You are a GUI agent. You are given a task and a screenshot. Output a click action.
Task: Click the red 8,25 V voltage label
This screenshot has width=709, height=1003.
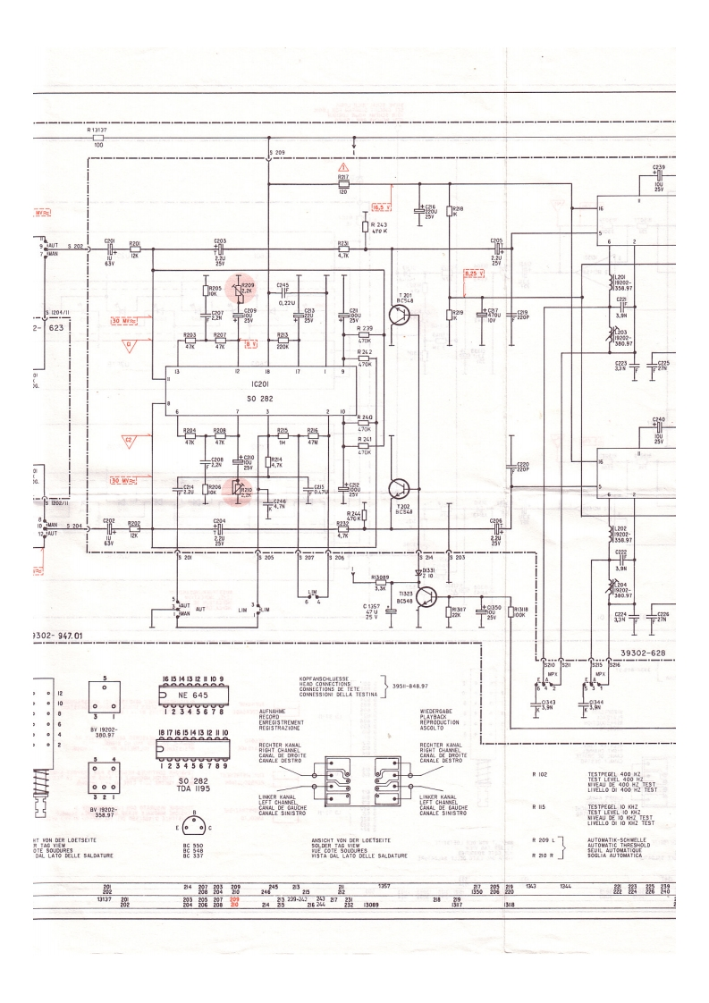[x=473, y=273]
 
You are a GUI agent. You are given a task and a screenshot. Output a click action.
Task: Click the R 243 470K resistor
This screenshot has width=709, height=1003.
[x=366, y=227]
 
